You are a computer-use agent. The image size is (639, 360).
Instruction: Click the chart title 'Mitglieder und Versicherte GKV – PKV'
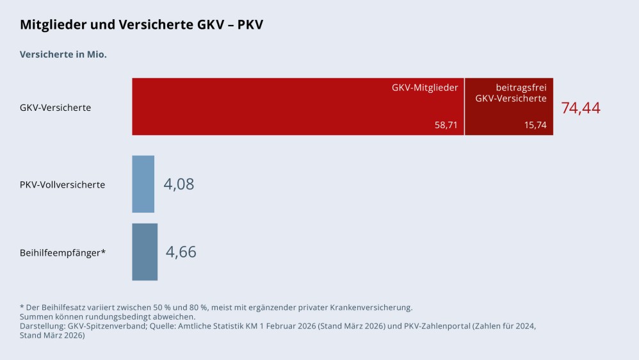[142, 25]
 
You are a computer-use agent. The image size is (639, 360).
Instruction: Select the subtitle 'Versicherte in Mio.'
[63, 54]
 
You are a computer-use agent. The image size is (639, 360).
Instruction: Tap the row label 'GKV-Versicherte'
[56, 108]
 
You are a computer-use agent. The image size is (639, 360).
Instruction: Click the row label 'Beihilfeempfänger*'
[63, 252]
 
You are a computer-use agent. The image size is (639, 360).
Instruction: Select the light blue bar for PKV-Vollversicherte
[143, 184]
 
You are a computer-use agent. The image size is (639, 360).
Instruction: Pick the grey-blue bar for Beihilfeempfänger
[145, 252]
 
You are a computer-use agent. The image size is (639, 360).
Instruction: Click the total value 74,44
[581, 108]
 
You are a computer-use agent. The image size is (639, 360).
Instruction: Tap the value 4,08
[179, 184]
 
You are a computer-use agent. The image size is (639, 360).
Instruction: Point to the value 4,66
[181, 252]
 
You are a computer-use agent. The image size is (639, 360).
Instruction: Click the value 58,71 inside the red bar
[446, 126]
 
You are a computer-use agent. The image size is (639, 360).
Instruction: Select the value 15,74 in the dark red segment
[535, 126]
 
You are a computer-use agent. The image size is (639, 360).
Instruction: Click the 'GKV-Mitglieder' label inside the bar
[425, 88]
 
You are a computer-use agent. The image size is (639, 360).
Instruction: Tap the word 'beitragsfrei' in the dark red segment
[521, 88]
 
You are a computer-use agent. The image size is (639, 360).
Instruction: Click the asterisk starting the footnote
[22, 307]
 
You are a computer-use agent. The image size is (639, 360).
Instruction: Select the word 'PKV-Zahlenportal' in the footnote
[419, 326]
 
